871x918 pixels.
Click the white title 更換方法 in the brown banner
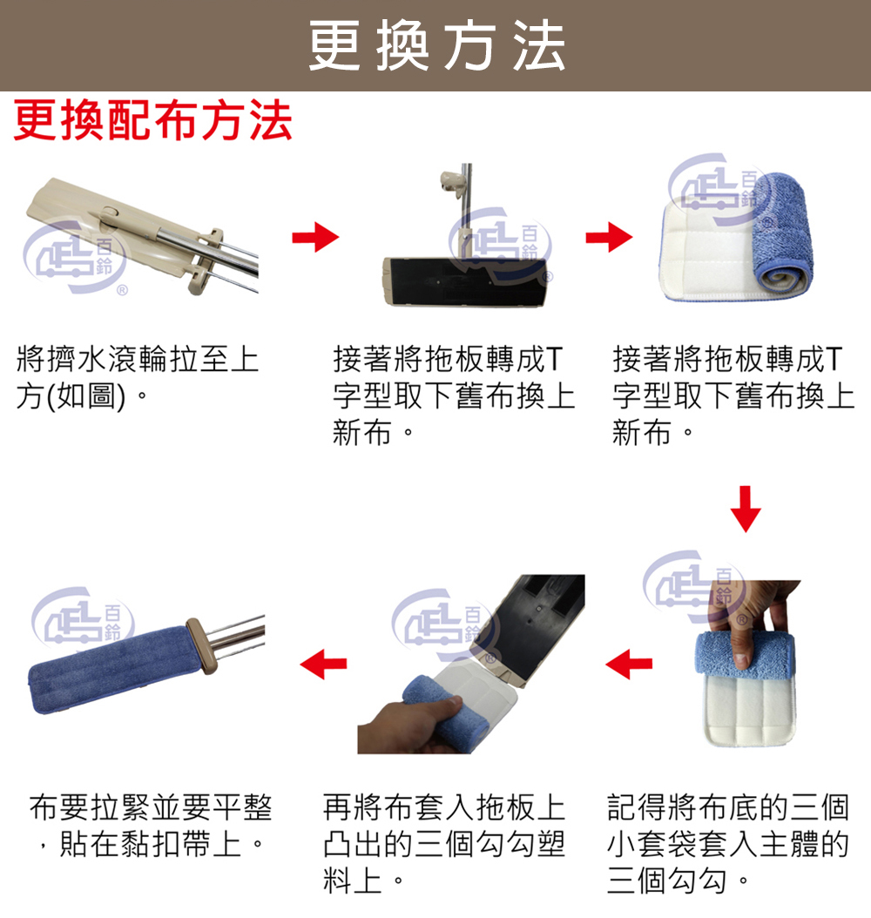tap(436, 45)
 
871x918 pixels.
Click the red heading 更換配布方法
tap(152, 120)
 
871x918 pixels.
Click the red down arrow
tap(746, 508)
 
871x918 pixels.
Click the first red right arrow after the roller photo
tap(315, 237)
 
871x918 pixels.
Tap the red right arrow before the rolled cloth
tap(609, 237)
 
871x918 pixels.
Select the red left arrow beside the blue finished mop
tap(323, 664)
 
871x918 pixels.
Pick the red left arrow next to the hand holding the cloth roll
tap(629, 664)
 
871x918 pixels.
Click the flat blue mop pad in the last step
tap(114, 669)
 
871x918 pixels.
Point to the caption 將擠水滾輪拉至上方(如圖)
tap(137, 378)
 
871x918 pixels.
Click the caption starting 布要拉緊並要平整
tap(151, 826)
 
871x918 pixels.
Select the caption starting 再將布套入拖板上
tap(443, 844)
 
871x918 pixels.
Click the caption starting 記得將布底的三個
tap(727, 844)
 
